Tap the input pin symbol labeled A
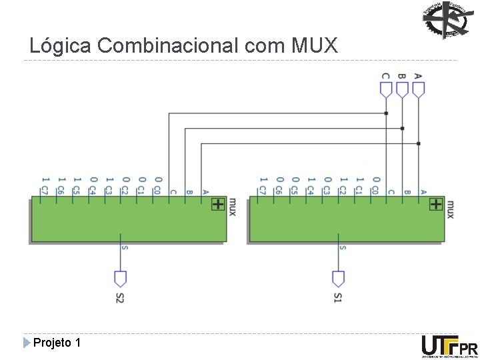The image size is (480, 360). click(x=419, y=89)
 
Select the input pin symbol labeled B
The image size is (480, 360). click(x=402, y=89)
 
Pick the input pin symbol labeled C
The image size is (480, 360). click(x=386, y=89)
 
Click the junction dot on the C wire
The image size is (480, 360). click(x=386, y=113)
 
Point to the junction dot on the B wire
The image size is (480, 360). click(x=402, y=128)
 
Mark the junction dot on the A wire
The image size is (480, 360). click(x=419, y=143)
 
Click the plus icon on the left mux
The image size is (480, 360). click(x=218, y=204)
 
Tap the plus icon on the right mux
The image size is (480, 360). click(x=436, y=204)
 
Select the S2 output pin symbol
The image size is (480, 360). click(x=120, y=278)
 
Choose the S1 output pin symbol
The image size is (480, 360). click(x=339, y=278)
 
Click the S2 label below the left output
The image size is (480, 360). click(x=120, y=297)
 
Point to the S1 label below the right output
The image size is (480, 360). click(x=339, y=297)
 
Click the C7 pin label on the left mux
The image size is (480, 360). click(x=44, y=191)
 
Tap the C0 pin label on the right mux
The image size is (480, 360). click(x=375, y=191)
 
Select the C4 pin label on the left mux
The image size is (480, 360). click(x=93, y=191)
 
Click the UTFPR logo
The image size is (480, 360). click(x=449, y=347)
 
